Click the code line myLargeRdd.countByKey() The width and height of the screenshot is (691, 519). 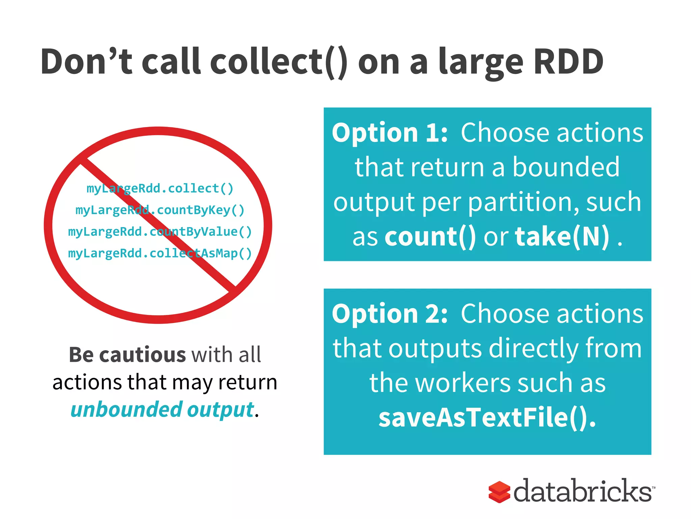160,210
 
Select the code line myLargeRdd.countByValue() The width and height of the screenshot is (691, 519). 160,232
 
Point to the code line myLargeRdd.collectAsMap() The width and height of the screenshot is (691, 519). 160,253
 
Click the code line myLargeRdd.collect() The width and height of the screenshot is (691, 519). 160,189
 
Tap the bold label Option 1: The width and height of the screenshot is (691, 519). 390,133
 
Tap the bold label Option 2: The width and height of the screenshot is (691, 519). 390,314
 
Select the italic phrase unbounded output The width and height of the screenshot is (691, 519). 162,410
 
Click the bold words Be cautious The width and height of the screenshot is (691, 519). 127,355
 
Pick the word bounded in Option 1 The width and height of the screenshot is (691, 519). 566,167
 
